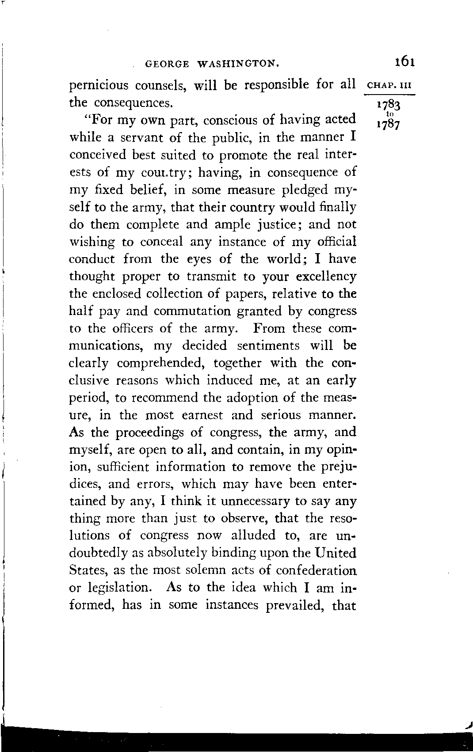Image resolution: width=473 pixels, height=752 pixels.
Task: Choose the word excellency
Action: [326, 277]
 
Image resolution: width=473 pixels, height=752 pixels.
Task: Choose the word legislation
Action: [124, 588]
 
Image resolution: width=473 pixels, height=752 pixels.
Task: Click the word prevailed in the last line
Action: [294, 605]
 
